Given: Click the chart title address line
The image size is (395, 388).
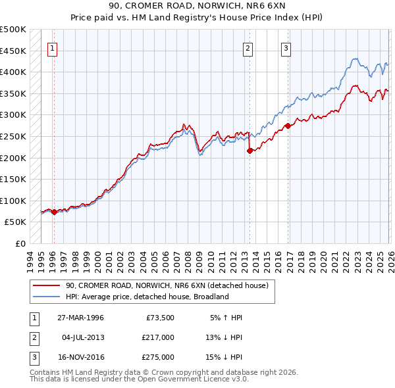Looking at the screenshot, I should [197, 6].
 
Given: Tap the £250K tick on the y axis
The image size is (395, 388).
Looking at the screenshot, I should [13, 136].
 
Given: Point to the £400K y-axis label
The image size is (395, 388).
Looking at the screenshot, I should [13, 72].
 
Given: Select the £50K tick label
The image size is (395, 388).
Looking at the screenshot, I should [16, 222].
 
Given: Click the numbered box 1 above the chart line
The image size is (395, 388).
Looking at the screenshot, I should [52, 47].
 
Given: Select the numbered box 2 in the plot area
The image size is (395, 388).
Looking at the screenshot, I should [248, 47].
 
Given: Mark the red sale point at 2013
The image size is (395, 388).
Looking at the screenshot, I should [250, 151].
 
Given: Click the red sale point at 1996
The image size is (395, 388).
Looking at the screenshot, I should [54, 212].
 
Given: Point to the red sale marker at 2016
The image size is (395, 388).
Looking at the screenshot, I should [288, 126].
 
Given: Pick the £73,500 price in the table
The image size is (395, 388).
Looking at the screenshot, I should [158, 318].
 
